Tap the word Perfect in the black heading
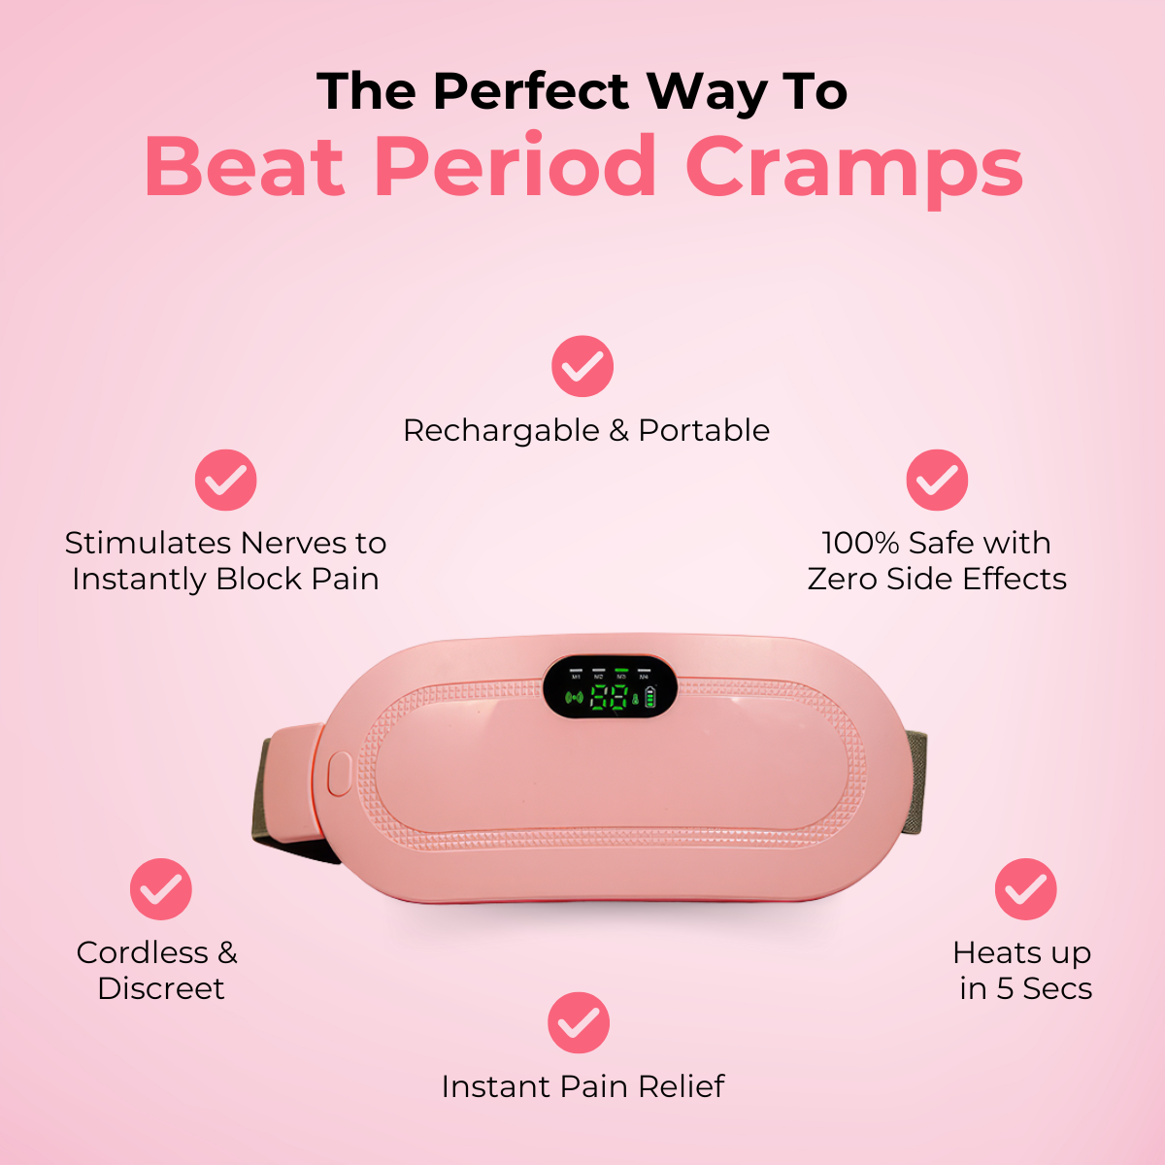point(531,92)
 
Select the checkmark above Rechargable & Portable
point(582,366)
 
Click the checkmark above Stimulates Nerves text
point(225,480)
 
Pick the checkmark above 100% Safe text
point(937,480)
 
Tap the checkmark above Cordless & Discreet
point(161,888)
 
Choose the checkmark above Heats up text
point(1025,888)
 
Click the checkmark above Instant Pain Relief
point(579,1022)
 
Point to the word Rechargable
point(501,430)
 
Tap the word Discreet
point(161,988)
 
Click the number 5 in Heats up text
point(1005,988)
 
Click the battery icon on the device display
point(650,697)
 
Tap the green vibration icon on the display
point(574,697)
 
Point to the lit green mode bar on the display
point(620,670)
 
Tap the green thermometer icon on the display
point(636,697)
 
